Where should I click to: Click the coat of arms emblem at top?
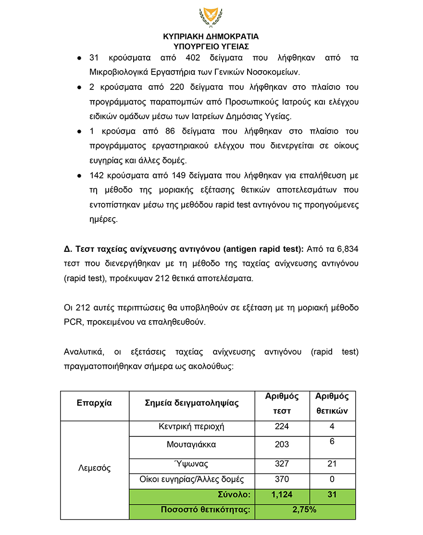pos(211,18)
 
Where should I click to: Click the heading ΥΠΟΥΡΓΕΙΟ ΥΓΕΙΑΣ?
pos(211,47)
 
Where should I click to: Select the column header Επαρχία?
pos(94,403)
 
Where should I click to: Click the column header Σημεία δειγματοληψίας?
pos(192,403)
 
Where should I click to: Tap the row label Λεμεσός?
pos(94,468)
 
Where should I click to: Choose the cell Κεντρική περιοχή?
pos(191,427)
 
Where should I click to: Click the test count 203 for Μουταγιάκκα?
pos(282,445)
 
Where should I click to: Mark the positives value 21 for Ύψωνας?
pos(332,464)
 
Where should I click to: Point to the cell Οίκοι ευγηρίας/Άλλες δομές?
pos(191,479)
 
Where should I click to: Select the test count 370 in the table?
pos(282,479)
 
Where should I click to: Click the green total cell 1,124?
pos(282,495)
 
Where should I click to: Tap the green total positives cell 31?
pos(332,495)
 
